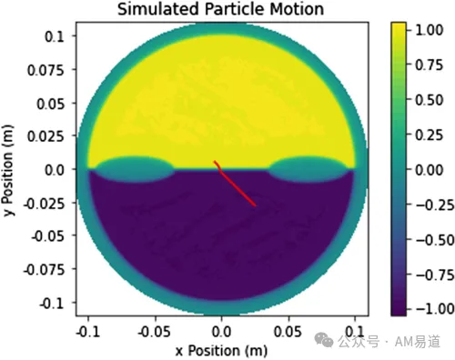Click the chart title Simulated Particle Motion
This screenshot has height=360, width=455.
(x=220, y=9)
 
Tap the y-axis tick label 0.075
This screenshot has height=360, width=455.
(x=46, y=70)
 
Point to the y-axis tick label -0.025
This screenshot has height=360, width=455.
(x=45, y=204)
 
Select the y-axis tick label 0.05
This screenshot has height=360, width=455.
(x=51, y=104)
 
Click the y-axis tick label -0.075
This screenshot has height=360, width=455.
(x=45, y=269)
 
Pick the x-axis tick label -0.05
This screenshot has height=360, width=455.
(x=154, y=332)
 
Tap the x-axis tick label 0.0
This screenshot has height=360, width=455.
(x=221, y=332)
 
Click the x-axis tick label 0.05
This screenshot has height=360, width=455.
(x=288, y=332)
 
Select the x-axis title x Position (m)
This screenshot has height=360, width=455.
(x=221, y=351)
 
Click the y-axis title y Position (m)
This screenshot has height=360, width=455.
(x=8, y=170)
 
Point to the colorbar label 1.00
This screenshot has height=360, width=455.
(x=429, y=30)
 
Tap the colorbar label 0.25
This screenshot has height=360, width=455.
(x=429, y=135)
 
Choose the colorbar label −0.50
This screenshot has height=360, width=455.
(x=435, y=240)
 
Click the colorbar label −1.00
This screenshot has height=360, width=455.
(x=435, y=309)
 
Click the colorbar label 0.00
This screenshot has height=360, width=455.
(x=429, y=170)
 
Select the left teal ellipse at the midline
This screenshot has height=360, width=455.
(x=135, y=169)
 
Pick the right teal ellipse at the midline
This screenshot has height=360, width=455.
(x=308, y=169)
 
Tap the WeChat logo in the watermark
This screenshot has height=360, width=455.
(x=324, y=340)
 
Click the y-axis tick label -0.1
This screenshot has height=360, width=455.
(x=52, y=303)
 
